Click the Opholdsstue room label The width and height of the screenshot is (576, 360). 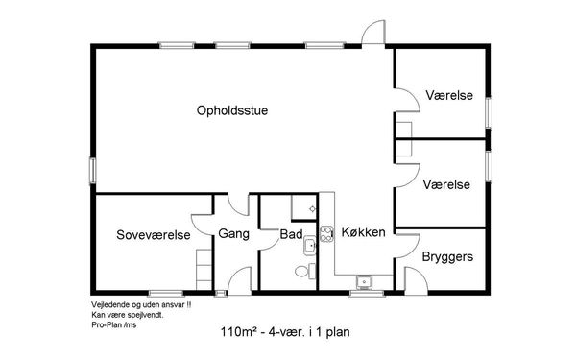coord(232,110)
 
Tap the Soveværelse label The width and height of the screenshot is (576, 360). coord(154,235)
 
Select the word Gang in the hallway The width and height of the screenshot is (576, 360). coord(233,234)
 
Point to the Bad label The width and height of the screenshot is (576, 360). coord(291,234)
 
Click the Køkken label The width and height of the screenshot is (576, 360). coord(363,232)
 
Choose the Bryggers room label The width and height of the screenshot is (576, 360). coord(447,256)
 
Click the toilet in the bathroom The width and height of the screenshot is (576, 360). coord(304,271)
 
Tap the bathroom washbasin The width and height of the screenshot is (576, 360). coord(310,245)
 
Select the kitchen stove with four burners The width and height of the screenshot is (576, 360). coord(326,234)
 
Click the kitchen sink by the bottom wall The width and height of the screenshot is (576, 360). coord(365,282)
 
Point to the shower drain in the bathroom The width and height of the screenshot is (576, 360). coord(312,209)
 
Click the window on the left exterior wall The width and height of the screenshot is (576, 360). coord(93,171)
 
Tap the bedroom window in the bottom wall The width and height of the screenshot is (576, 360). coord(166,293)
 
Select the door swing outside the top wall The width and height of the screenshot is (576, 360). coord(373,33)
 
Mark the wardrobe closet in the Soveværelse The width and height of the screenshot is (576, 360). coord(204,270)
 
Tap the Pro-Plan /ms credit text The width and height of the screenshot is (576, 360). coord(114,325)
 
